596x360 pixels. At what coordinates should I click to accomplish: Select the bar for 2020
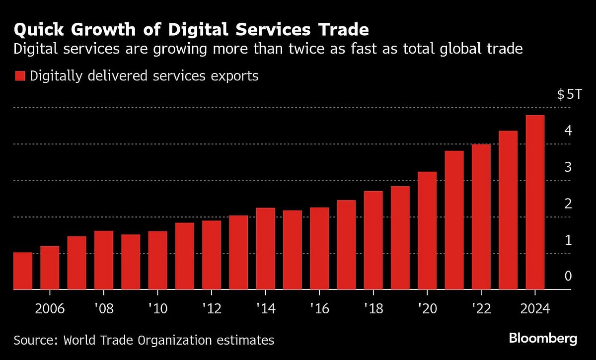click(427, 230)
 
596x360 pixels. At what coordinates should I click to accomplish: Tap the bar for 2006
click(50, 268)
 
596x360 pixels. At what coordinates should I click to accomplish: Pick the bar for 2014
click(265, 248)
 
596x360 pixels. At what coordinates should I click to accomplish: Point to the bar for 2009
click(131, 262)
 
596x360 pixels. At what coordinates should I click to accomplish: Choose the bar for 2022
click(481, 216)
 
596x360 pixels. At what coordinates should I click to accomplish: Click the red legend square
click(19, 76)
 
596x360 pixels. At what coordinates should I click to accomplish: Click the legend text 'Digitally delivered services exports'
click(144, 76)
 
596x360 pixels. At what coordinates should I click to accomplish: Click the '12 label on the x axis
click(211, 308)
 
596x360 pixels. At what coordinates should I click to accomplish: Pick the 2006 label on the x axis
click(50, 308)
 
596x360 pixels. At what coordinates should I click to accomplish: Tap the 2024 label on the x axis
click(535, 308)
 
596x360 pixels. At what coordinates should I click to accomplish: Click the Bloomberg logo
click(543, 339)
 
